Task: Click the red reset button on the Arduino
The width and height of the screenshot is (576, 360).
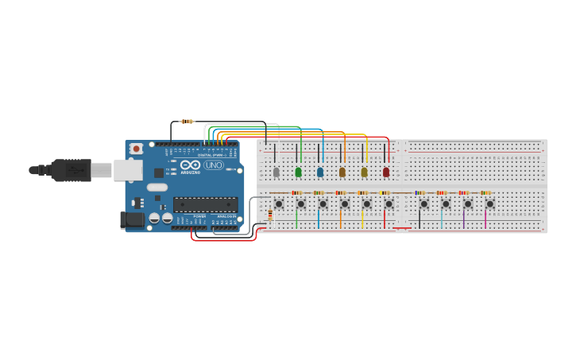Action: pyautogui.click(x=137, y=149)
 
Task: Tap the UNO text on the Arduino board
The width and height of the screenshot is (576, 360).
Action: pyautogui.click(x=214, y=165)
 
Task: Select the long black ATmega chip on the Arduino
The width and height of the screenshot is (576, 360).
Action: pyautogui.click(x=205, y=204)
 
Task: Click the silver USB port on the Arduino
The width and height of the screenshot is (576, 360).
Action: pyautogui.click(x=127, y=169)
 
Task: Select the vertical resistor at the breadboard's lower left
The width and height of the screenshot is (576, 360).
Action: pyautogui.click(x=270, y=214)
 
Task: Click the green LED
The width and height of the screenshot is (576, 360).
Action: pyautogui.click(x=299, y=172)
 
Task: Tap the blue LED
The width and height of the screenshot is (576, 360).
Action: pyautogui.click(x=320, y=172)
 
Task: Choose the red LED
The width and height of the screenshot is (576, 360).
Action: pyautogui.click(x=386, y=172)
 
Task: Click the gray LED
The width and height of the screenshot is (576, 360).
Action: pyautogui.click(x=276, y=172)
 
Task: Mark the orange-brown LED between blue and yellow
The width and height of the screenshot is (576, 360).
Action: pyautogui.click(x=342, y=172)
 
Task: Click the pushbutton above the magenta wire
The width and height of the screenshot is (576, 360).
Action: pyautogui.click(x=489, y=204)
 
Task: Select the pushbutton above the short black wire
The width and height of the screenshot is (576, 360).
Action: pyautogui.click(x=423, y=204)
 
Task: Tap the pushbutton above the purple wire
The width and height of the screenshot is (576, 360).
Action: pyautogui.click(x=467, y=204)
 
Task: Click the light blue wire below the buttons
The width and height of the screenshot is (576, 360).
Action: pyautogui.click(x=443, y=219)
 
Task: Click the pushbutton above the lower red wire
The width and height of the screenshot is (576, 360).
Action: pyautogui.click(x=389, y=204)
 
